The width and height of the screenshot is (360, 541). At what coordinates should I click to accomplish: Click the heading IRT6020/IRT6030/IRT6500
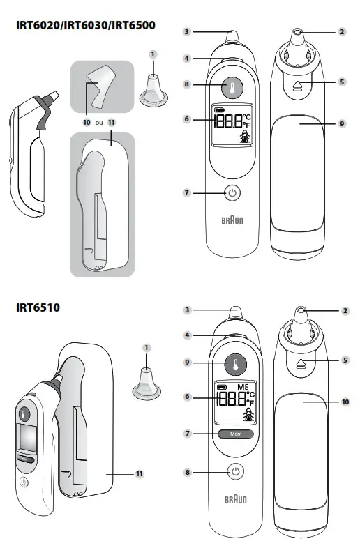(x=85, y=26)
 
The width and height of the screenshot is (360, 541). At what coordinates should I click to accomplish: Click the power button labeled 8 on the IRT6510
(x=236, y=472)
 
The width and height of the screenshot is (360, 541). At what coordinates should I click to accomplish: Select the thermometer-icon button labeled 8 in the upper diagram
(x=232, y=85)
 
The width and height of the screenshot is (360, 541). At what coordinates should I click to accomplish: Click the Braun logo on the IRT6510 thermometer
(x=236, y=501)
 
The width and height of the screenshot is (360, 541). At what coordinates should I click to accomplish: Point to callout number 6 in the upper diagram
(x=186, y=119)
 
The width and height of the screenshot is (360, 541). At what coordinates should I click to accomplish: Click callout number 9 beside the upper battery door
(x=342, y=123)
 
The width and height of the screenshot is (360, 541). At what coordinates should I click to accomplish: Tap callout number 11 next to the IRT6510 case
(x=140, y=474)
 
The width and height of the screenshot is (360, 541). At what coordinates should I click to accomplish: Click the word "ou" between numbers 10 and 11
(x=98, y=121)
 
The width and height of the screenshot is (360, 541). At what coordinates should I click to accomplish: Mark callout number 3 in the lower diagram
(x=187, y=310)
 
